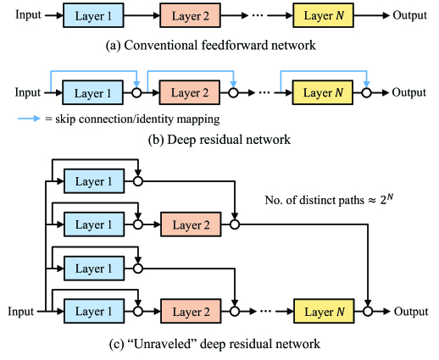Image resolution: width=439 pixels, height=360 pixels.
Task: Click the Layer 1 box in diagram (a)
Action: pos(93,15)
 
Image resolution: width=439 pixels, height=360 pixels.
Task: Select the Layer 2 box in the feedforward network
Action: pos(190,15)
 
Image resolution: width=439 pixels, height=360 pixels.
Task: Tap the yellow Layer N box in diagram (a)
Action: pos(323,15)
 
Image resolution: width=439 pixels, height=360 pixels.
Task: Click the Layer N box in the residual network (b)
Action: pos(323,92)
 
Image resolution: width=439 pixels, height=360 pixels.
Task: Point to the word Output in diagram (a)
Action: pos(409,15)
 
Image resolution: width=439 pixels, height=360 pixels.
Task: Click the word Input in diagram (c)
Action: pos(20,312)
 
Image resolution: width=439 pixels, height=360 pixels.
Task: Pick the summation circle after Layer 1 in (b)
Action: pos(136,92)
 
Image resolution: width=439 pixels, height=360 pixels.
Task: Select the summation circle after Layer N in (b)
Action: pos(366,92)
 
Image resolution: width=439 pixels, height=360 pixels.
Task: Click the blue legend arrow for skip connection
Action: pos(29,119)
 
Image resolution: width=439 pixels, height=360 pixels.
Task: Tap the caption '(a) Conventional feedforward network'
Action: pos(211,45)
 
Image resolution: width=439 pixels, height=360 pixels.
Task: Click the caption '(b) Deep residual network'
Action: pos(219,140)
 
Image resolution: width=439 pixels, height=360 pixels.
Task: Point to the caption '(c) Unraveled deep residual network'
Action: pos(214,344)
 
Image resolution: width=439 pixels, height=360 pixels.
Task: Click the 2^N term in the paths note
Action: pos(386,199)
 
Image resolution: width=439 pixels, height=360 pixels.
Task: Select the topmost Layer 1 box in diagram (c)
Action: pos(94,181)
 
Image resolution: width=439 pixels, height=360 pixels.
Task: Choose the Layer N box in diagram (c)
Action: pos(324,311)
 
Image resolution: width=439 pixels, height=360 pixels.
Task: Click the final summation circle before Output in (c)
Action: pos(368,311)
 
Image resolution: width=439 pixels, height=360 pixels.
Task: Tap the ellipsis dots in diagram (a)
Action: pos(258,15)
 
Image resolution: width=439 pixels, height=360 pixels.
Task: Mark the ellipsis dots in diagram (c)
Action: pos(265,311)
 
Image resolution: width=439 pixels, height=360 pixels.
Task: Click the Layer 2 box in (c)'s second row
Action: pos(191,224)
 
